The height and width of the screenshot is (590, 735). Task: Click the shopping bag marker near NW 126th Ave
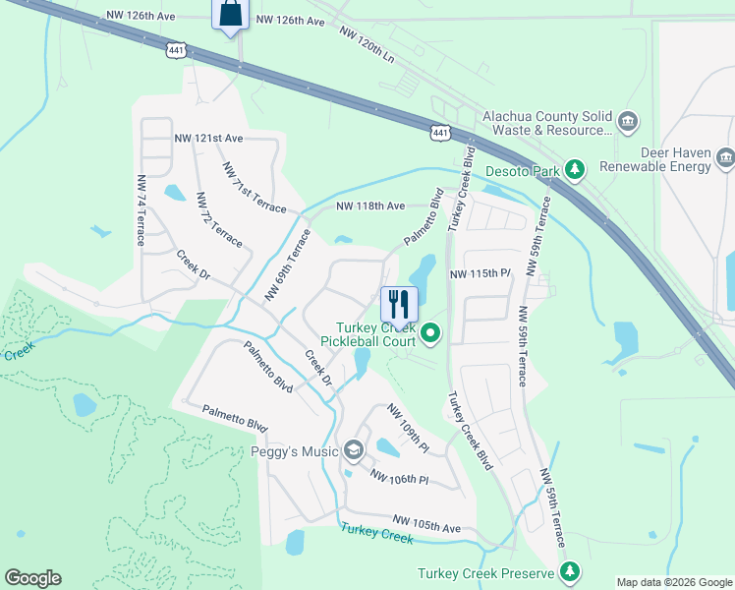click(229, 14)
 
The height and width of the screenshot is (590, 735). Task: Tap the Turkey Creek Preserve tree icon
click(569, 572)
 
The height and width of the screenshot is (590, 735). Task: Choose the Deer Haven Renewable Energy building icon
click(725, 157)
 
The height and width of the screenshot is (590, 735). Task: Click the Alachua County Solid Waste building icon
click(628, 123)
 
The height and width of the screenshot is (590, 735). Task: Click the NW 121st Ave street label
click(208, 140)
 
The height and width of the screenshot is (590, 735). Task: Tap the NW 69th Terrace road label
click(287, 265)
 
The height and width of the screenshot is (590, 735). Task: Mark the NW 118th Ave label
click(370, 206)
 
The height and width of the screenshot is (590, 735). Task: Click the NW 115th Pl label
click(481, 274)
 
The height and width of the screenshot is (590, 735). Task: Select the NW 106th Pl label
click(400, 476)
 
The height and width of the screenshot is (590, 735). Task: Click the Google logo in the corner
click(32, 578)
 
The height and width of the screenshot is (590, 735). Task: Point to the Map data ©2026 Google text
click(674, 582)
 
